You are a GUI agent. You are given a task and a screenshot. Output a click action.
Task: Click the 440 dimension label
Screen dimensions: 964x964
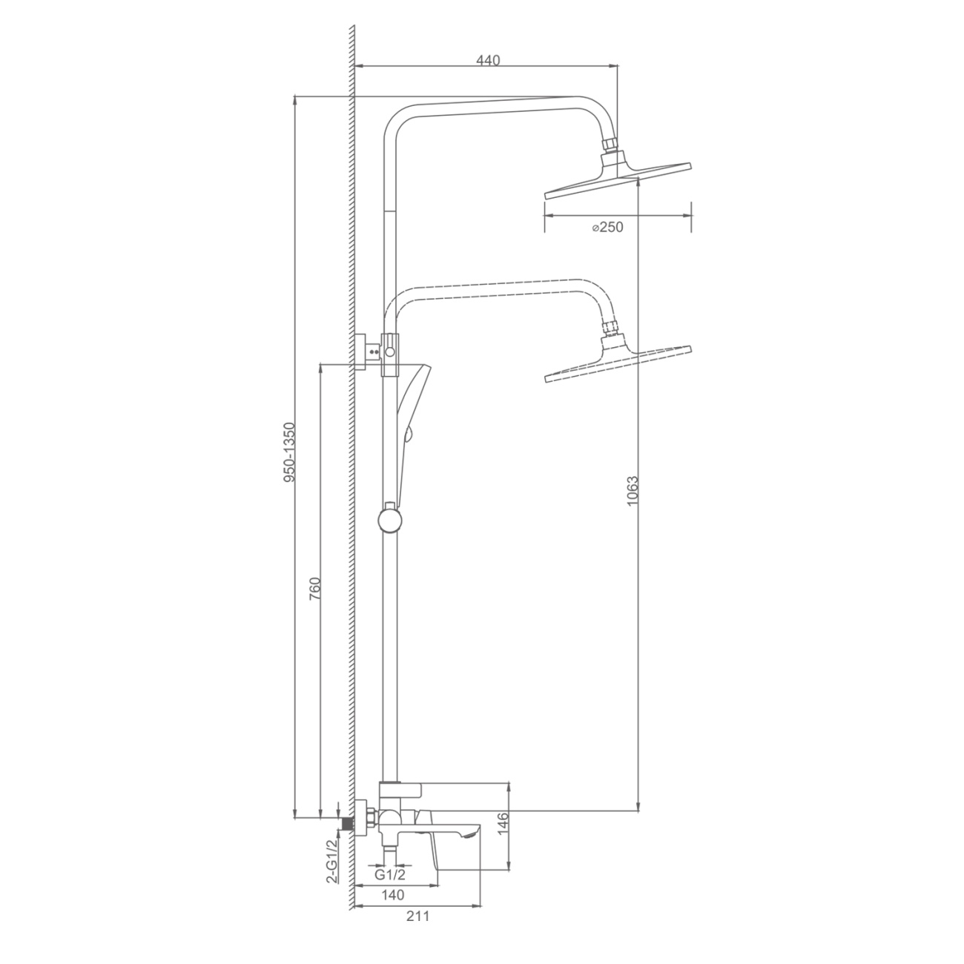coord(488,61)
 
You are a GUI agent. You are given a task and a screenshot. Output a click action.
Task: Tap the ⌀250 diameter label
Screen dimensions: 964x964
coord(607,227)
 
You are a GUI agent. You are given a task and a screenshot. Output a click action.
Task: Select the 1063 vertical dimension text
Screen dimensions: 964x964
coord(633,491)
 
